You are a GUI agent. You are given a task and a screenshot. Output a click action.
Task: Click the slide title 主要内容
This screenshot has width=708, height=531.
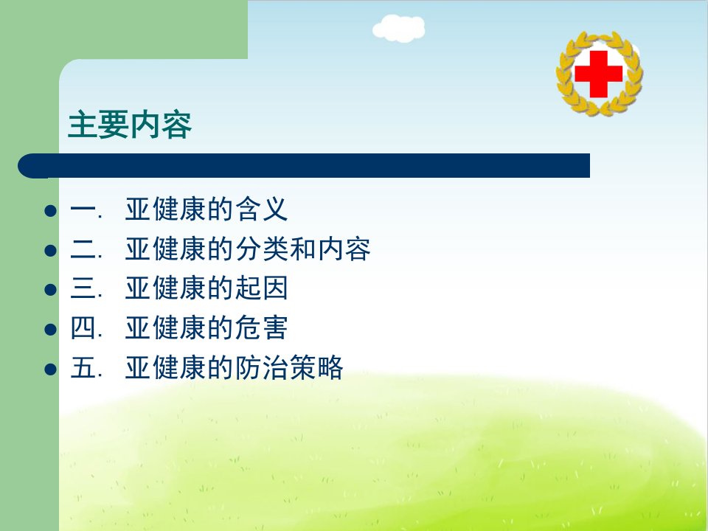tap(130, 125)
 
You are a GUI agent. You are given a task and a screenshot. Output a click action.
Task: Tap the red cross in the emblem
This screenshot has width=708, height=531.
tap(599, 74)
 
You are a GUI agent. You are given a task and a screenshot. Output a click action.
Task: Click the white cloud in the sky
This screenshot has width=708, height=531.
tap(399, 29)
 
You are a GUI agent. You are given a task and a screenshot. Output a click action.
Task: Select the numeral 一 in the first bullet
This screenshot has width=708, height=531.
tap(83, 209)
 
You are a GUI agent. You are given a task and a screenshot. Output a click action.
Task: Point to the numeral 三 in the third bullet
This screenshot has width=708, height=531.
tap(83, 288)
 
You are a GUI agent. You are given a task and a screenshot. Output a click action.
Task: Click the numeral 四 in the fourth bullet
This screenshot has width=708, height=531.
tap(83, 327)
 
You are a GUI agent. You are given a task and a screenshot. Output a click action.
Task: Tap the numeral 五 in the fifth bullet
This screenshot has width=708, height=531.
tap(83, 367)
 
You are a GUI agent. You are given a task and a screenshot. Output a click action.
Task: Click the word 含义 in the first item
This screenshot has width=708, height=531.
tap(262, 209)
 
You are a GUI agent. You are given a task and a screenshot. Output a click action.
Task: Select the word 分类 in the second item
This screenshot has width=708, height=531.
tap(262, 249)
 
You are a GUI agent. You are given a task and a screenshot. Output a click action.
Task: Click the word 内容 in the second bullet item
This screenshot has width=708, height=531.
tap(344, 249)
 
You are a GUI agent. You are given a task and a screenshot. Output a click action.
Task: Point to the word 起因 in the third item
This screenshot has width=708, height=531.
tap(262, 288)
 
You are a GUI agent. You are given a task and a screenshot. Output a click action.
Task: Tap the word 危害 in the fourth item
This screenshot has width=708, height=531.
tap(262, 327)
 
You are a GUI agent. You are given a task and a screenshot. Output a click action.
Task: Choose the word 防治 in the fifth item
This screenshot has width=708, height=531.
tap(262, 367)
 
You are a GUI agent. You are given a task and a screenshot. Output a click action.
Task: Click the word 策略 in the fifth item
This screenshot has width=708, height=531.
tap(316, 367)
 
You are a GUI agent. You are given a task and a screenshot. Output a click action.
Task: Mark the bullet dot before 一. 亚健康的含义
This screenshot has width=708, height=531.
tap(51, 211)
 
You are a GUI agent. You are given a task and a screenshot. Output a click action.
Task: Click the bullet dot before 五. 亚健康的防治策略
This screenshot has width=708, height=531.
tap(51, 369)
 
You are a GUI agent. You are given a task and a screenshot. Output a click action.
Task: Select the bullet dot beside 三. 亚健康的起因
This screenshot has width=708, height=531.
tap(51, 290)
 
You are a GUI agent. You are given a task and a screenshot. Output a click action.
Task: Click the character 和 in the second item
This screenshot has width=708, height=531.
tap(303, 249)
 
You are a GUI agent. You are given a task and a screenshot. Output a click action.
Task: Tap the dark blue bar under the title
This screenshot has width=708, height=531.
tap(304, 166)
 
